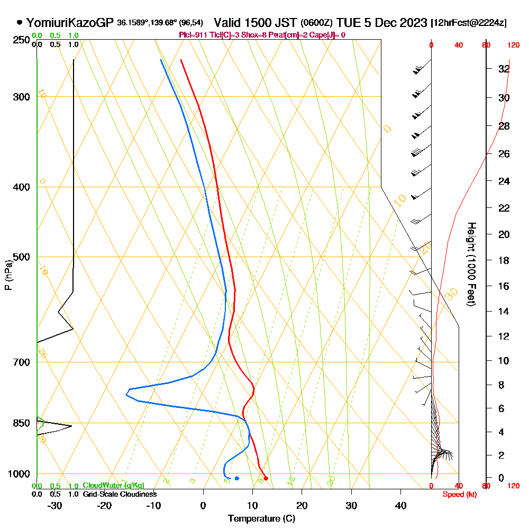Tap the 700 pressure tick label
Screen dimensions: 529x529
21,362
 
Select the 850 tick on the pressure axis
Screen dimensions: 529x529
21,423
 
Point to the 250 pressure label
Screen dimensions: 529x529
21,40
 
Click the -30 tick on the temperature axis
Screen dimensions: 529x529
55,505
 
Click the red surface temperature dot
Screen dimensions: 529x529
266,478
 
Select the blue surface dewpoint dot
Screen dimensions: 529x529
236,478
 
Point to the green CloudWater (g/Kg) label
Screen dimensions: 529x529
113,486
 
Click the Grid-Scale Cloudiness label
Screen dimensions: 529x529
120,494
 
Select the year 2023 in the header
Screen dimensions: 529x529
413,23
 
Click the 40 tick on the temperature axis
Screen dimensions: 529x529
400,505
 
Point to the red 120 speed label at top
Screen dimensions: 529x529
513,45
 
